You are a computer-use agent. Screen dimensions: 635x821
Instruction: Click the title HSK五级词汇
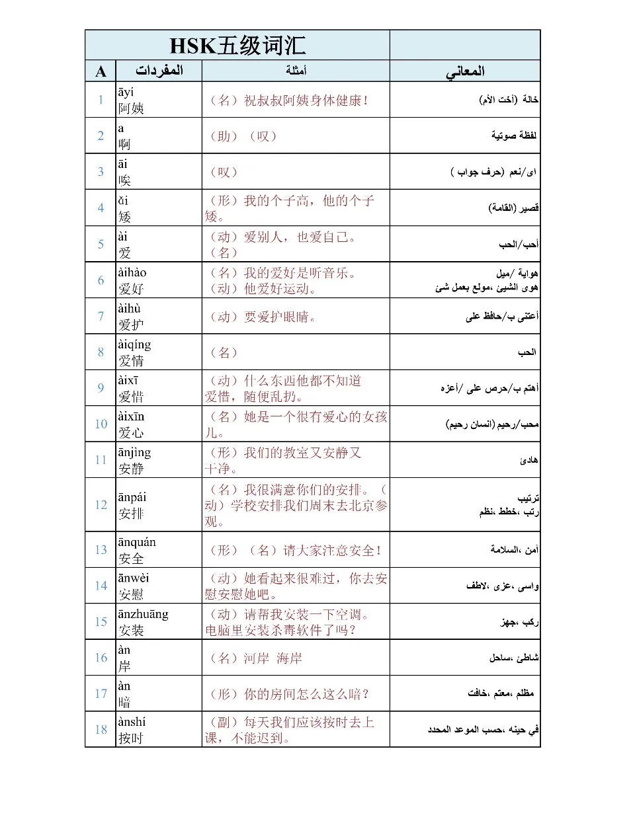pos(237,46)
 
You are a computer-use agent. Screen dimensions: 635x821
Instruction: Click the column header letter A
pos(101,71)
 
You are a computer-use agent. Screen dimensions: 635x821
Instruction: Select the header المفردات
pos(159,71)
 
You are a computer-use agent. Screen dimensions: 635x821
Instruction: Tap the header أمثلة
pos(296,71)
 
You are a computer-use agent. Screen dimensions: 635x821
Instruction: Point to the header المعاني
pos(465,71)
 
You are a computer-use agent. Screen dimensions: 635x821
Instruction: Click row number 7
pos(101,316)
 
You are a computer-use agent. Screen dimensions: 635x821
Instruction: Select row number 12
pos(101,504)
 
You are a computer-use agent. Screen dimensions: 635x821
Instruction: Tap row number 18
pos(101,729)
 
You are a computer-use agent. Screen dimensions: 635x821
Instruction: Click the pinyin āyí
pos(126,92)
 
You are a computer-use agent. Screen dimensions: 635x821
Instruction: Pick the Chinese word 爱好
pos(131,289)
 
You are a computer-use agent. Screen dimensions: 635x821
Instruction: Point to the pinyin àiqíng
pos(134,344)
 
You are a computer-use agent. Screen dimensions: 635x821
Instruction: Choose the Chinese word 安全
pos(131,559)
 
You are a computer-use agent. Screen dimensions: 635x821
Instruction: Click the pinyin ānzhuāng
pos(143,614)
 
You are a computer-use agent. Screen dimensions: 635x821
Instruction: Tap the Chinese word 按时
pos(131,738)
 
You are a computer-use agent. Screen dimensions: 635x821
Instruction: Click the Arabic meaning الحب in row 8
pos(527,352)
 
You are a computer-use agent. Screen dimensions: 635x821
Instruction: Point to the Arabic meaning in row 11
pos(529,460)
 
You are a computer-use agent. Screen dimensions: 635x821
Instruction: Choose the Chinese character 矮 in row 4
pos(125,217)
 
